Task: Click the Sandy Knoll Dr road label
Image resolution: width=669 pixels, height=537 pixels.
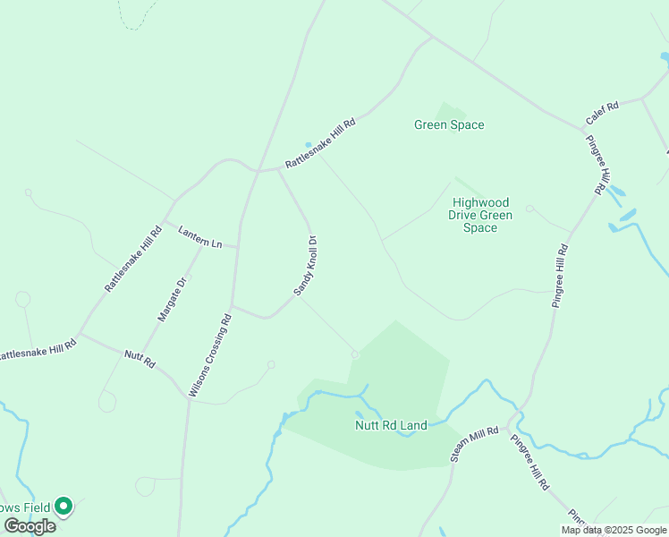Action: coord(306,266)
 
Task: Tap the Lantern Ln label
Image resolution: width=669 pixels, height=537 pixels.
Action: coord(199,236)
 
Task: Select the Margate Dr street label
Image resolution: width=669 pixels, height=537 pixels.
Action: coord(172,299)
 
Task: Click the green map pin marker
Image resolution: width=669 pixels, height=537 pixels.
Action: coord(64,507)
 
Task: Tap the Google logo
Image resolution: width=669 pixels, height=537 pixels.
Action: coord(30,526)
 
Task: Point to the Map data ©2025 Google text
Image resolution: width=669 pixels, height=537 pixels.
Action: coord(614,530)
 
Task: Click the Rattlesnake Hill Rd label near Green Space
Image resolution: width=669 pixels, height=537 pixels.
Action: coord(320,143)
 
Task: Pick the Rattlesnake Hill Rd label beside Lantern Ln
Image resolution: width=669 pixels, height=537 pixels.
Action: coord(132,258)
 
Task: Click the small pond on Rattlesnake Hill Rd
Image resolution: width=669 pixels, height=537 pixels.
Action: coord(309,145)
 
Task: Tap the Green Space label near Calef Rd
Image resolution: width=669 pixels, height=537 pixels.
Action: coord(449,124)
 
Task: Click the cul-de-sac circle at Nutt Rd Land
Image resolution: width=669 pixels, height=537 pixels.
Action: coord(355,354)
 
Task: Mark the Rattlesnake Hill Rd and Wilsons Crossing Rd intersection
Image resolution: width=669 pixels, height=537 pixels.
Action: coord(258,170)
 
